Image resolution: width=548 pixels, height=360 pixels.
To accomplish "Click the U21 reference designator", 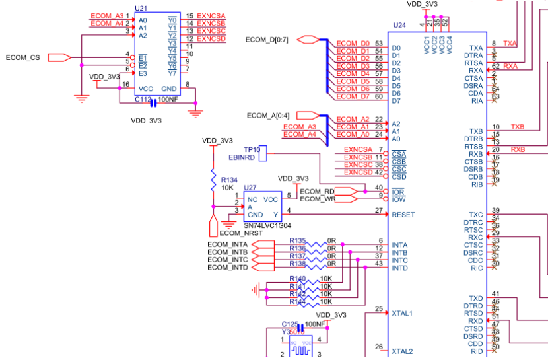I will pyautogui.click(x=141, y=9).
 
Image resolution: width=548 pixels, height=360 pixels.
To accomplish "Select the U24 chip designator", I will pyautogui.click(x=399, y=25).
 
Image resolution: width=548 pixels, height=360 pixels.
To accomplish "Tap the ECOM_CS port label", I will pyautogui.click(x=22, y=58).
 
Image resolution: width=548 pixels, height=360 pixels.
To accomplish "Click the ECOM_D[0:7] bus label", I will pyautogui.click(x=266, y=40).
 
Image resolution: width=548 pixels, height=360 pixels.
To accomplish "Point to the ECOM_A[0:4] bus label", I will pyautogui.click(x=267, y=116).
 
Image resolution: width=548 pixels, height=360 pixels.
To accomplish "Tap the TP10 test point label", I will pyautogui.click(x=250, y=150).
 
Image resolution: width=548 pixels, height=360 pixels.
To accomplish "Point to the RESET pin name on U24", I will pyautogui.click(x=403, y=215).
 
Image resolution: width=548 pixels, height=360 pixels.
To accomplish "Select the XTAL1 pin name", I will pyautogui.click(x=403, y=313).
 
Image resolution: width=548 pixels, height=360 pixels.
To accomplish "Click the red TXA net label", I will pyautogui.click(x=510, y=44).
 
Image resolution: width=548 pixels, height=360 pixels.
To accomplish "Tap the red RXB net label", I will pyautogui.click(x=518, y=149).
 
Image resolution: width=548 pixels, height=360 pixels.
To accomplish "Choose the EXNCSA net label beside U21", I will pyautogui.click(x=211, y=16).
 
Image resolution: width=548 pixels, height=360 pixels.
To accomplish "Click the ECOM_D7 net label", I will pyautogui.click(x=353, y=96).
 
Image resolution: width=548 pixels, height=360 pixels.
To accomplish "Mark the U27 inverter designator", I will pyautogui.click(x=250, y=188).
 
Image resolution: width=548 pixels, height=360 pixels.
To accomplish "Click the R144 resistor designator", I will pyautogui.click(x=298, y=301).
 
